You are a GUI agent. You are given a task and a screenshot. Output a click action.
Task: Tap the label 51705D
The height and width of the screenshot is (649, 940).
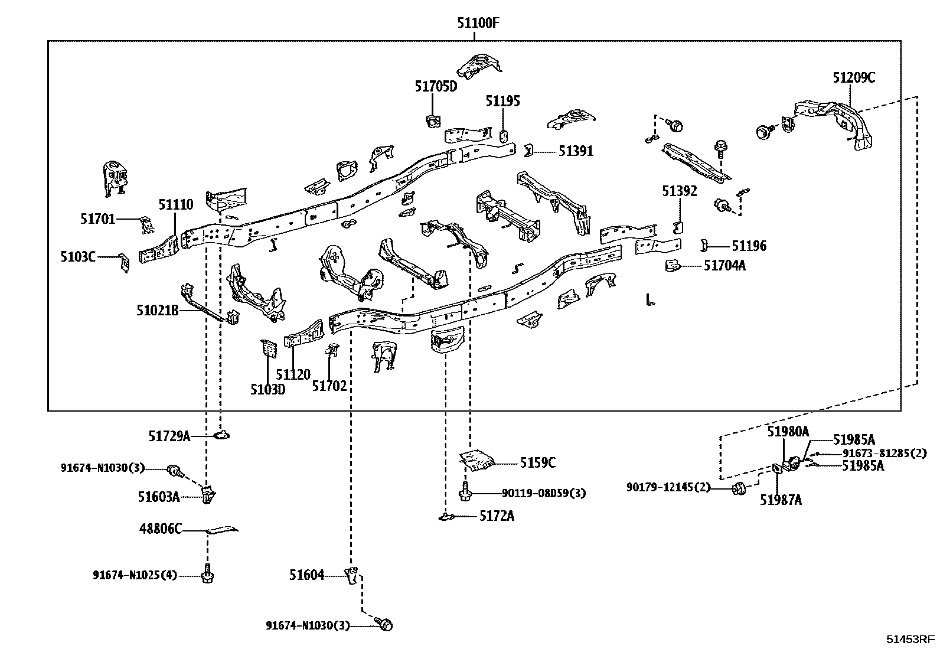[x=436, y=87]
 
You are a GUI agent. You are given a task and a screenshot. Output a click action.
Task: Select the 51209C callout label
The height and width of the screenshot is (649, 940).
[x=854, y=77]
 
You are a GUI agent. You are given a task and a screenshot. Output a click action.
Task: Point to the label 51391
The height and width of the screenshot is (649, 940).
[x=576, y=151]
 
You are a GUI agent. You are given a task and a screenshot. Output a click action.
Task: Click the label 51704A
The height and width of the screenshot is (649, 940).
[x=724, y=266]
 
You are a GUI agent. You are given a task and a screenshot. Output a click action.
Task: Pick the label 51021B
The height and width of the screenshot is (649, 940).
[x=157, y=310]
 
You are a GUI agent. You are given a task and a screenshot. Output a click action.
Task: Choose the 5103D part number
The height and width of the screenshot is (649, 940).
[x=267, y=390]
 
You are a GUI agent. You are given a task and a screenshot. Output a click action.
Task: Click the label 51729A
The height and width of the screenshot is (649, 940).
[x=169, y=436]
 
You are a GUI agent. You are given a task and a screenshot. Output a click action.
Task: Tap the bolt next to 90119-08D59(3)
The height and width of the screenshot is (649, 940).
[x=465, y=493]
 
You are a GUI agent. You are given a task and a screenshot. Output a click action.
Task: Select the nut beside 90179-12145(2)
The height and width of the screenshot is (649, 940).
[x=737, y=488]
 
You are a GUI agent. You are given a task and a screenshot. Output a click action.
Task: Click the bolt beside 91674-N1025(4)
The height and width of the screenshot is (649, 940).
[x=207, y=575]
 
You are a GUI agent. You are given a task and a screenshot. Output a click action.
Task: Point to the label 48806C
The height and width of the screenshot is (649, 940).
[x=160, y=529]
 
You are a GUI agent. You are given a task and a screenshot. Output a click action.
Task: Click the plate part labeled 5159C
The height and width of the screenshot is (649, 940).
[x=477, y=460]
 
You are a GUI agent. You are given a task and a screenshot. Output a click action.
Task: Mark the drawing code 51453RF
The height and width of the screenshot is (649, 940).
[x=910, y=639]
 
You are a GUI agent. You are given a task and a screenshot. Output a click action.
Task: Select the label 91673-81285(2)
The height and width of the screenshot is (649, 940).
[x=884, y=454]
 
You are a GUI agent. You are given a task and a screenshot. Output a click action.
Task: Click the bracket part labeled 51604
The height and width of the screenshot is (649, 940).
[x=351, y=575]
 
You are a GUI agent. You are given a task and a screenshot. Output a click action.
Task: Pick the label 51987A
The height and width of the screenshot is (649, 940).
[x=781, y=500]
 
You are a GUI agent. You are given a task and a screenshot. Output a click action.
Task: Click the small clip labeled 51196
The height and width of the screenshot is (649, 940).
[x=704, y=245]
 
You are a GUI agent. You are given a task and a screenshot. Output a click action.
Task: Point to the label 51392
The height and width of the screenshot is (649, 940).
[x=679, y=191]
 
